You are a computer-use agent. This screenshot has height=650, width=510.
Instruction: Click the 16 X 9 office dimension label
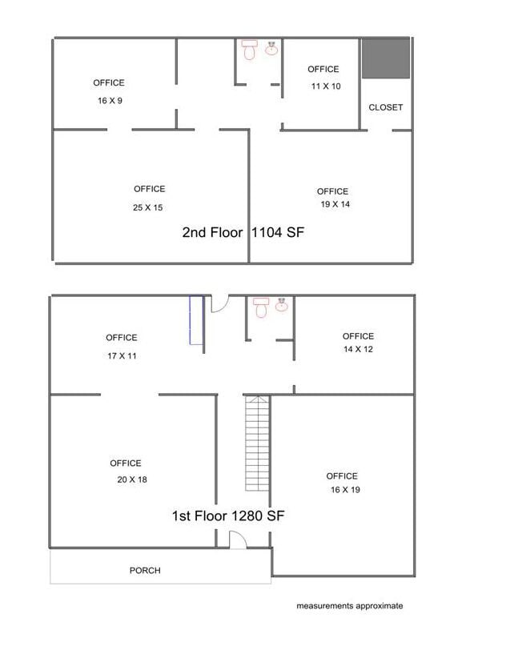(x=110, y=101)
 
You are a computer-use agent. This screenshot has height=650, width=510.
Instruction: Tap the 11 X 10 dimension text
(x=326, y=86)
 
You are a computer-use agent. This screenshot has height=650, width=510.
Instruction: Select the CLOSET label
(x=386, y=107)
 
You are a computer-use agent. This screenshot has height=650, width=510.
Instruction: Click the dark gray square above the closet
(x=386, y=58)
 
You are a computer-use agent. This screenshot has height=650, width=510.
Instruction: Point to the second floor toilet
(x=249, y=50)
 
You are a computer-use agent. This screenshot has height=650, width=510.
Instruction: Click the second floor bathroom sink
(x=271, y=49)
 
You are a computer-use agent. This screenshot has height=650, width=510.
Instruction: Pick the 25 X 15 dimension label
(x=147, y=207)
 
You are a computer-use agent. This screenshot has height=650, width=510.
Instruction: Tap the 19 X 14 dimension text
(x=335, y=204)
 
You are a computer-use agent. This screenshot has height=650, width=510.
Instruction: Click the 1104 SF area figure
(x=278, y=232)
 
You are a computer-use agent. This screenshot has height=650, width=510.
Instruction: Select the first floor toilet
(x=261, y=307)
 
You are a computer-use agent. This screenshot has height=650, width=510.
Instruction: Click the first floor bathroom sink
(x=282, y=305)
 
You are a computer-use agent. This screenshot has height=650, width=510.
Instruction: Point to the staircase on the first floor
(x=258, y=443)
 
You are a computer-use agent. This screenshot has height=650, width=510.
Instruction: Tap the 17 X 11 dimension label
(x=122, y=355)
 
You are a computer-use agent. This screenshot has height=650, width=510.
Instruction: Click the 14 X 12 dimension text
(x=358, y=349)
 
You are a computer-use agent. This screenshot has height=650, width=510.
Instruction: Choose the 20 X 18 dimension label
(x=132, y=479)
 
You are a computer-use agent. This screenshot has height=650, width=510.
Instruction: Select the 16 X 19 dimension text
(x=345, y=490)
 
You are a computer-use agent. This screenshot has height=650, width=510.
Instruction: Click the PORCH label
(x=145, y=571)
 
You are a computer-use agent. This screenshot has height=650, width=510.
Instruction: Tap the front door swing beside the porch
(x=238, y=540)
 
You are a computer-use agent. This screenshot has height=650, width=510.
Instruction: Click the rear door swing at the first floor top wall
(x=219, y=303)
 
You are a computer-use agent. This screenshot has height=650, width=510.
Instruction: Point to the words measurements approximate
(x=350, y=606)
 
